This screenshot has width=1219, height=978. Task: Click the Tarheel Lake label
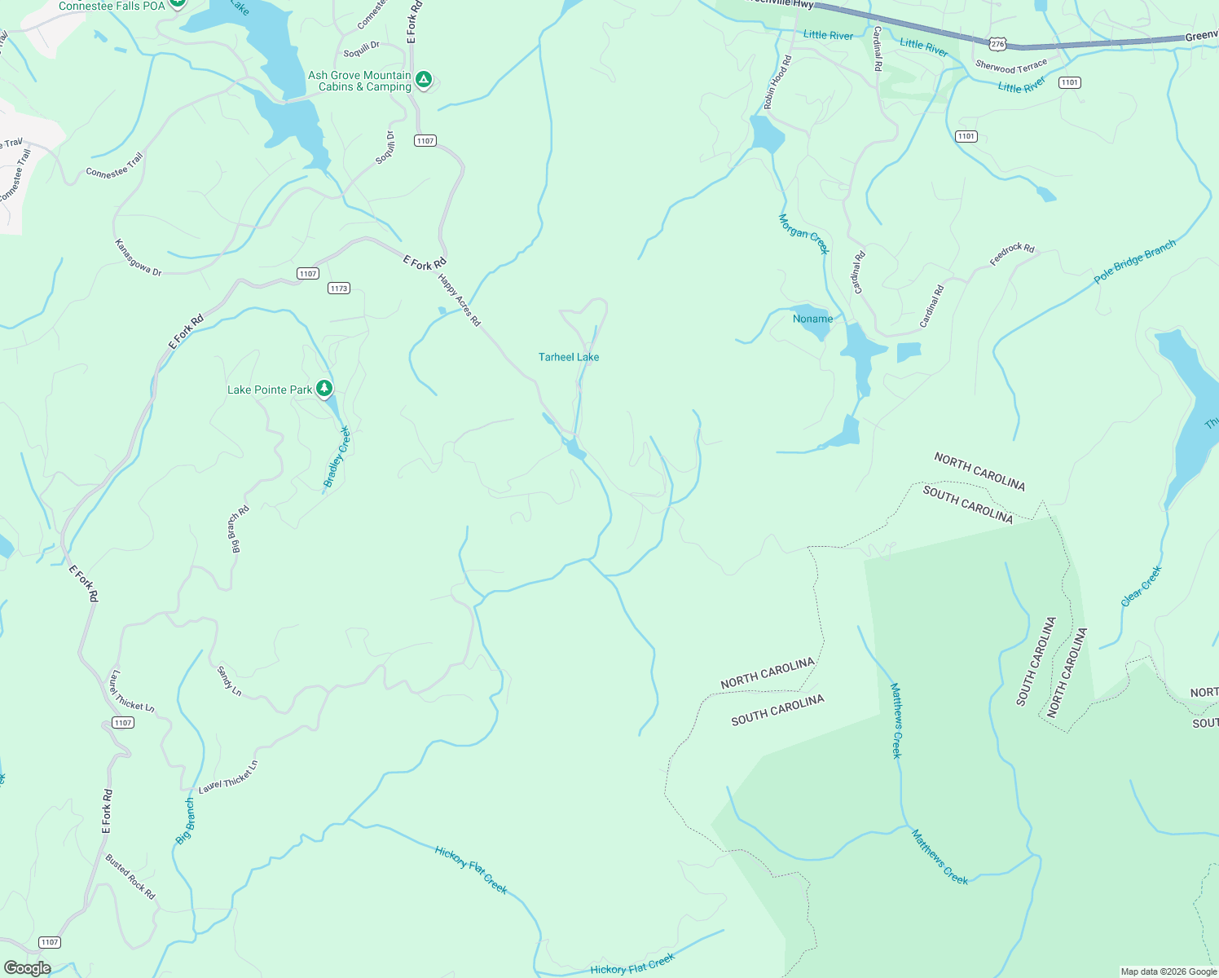pyautogui.click(x=569, y=357)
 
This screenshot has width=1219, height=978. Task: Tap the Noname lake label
pyautogui.click(x=812, y=319)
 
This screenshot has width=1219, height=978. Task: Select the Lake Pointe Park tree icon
pyautogui.click(x=324, y=388)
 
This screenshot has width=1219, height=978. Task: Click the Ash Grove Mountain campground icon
pyautogui.click(x=423, y=80)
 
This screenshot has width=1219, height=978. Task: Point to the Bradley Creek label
pyautogui.click(x=337, y=457)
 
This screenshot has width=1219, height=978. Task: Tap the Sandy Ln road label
pyautogui.click(x=229, y=681)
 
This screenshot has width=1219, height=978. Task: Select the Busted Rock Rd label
pyautogui.click(x=130, y=876)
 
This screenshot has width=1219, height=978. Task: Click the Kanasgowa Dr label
pyautogui.click(x=138, y=258)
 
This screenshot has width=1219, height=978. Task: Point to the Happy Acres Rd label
pyautogui.click(x=460, y=300)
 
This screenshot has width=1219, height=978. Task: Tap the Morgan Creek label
pyautogui.click(x=803, y=234)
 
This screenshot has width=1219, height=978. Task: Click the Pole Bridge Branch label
pyautogui.click(x=1135, y=261)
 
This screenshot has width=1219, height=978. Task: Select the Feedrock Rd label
pyautogui.click(x=1012, y=254)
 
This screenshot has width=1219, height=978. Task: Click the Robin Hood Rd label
pyautogui.click(x=777, y=82)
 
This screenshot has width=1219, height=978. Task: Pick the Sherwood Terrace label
pyautogui.click(x=1011, y=66)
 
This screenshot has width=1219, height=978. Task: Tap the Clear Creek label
pyautogui.click(x=1141, y=587)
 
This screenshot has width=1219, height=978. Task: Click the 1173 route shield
pyautogui.click(x=339, y=289)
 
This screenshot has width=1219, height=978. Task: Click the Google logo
pyautogui.click(x=27, y=968)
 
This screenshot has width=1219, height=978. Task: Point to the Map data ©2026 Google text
pyautogui.click(x=1168, y=971)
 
